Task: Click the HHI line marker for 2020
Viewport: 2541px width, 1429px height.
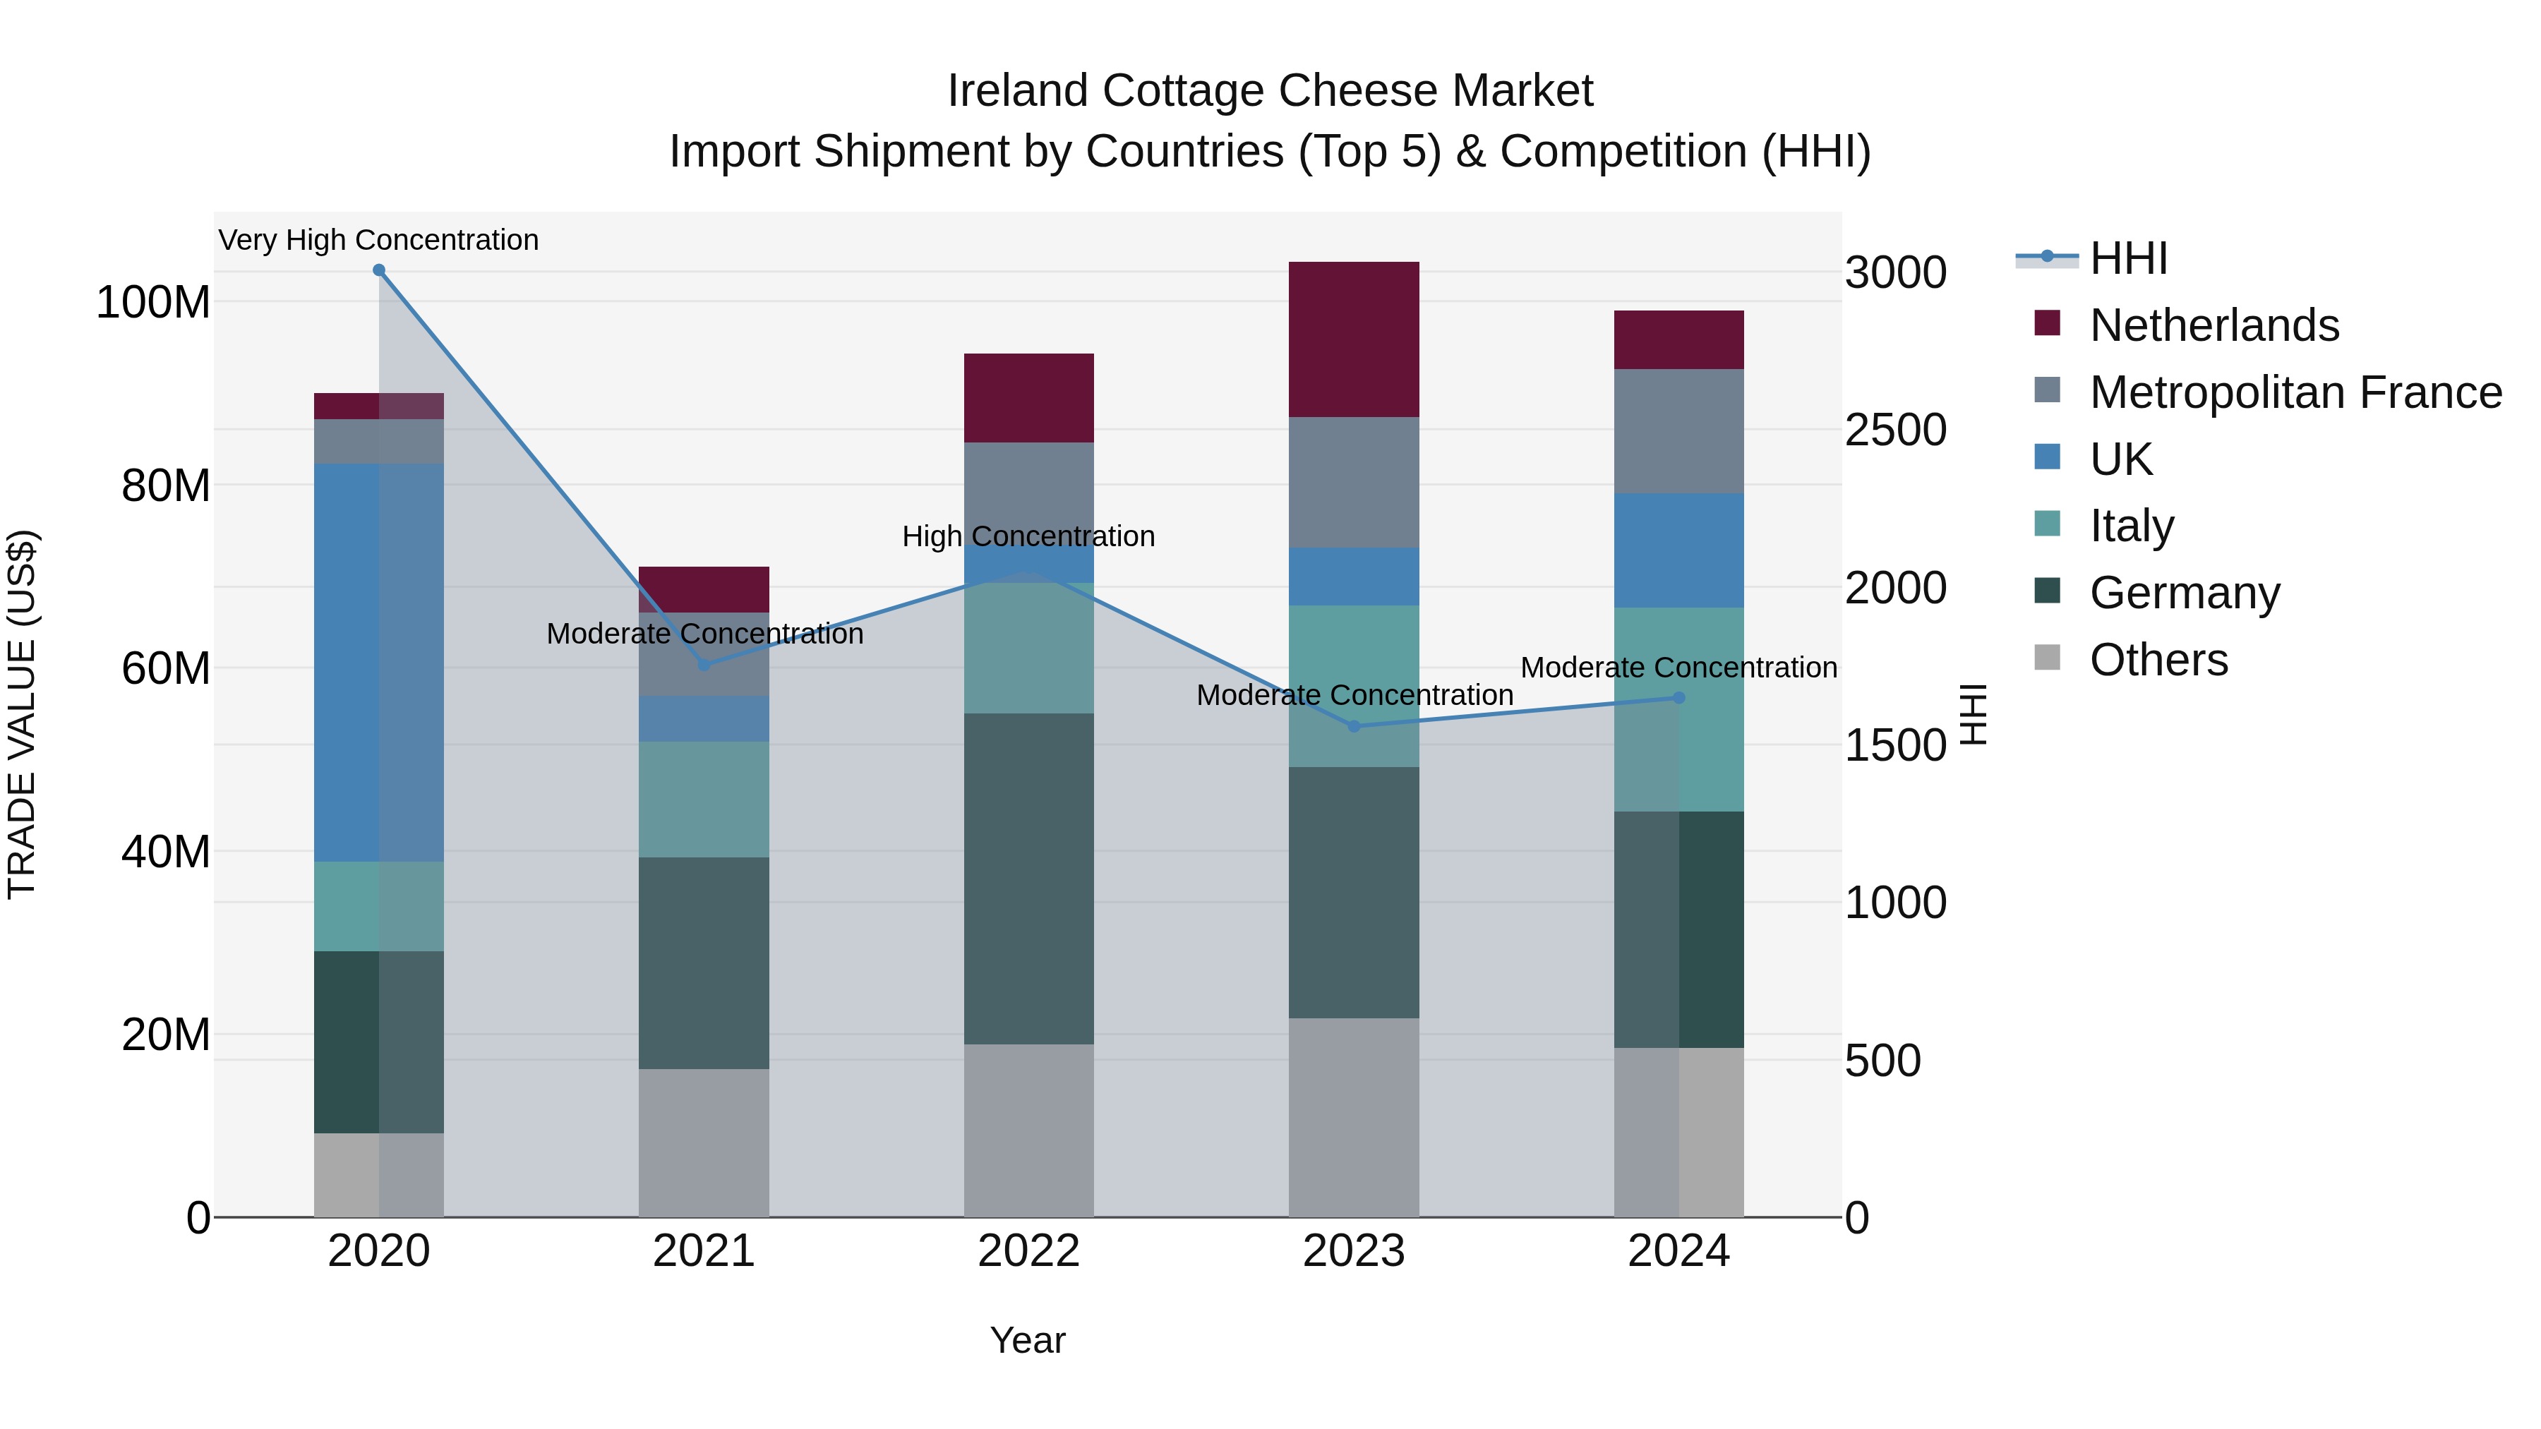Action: (x=379, y=270)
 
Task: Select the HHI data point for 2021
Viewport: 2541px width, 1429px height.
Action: (x=703, y=665)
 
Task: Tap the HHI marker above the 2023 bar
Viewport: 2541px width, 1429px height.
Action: (x=1353, y=727)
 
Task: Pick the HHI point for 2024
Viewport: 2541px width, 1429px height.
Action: (x=1679, y=698)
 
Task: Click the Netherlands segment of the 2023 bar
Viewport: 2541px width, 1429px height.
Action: (x=1353, y=339)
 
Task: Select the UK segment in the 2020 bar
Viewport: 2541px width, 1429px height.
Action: (x=379, y=663)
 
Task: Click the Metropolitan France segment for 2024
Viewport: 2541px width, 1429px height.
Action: (x=1679, y=431)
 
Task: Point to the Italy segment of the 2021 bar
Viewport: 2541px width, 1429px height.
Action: (x=703, y=799)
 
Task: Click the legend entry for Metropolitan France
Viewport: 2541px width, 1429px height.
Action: (x=2295, y=392)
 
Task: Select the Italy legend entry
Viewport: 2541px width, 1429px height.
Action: (x=2131, y=526)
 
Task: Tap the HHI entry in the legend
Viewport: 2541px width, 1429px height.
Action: (x=2127, y=258)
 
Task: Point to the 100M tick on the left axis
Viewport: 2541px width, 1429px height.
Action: (x=153, y=302)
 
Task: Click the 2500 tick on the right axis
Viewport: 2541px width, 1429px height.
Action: (x=1895, y=430)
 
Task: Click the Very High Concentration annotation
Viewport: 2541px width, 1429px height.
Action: (x=379, y=240)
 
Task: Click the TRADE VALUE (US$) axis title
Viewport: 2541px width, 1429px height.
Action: (x=23, y=714)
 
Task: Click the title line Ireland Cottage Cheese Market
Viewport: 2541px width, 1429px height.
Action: (x=1270, y=91)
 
